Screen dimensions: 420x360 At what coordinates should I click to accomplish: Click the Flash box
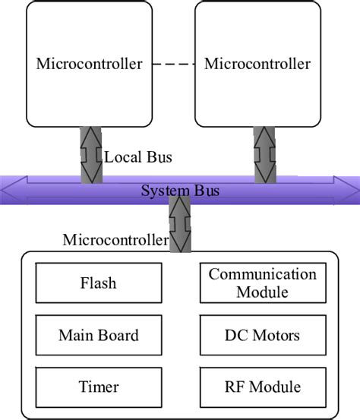point(98,283)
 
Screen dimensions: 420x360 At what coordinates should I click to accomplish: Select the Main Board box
point(98,335)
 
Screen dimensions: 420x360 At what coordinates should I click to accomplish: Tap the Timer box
point(98,387)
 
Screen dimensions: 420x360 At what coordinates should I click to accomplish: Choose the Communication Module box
point(263,283)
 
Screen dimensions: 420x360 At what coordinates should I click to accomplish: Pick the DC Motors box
point(263,335)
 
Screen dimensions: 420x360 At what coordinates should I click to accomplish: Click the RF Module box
point(263,387)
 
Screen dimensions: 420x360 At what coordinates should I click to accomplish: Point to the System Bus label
point(180,190)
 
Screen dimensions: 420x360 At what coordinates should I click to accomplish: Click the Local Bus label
point(138,158)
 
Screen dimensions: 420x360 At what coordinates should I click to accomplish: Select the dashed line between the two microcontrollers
point(172,64)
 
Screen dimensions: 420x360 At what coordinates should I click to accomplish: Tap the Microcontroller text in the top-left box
point(89,64)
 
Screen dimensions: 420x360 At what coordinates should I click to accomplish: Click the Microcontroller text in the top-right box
point(257,64)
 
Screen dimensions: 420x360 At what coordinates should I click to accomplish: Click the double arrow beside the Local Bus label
point(91,154)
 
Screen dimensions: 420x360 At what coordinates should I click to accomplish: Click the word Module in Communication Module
point(263,292)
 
